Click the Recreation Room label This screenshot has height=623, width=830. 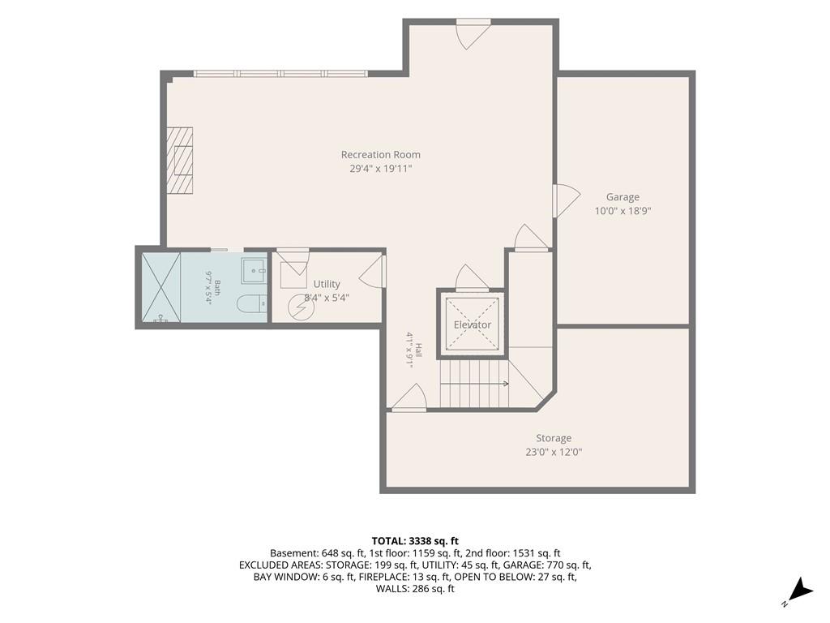[x=381, y=155]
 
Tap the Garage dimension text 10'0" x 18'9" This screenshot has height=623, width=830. [x=622, y=211]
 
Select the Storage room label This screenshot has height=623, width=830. [x=554, y=438]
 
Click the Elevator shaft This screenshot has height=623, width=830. [x=473, y=324]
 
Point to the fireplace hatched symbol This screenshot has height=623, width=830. [x=180, y=161]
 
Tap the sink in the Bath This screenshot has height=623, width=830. [x=255, y=270]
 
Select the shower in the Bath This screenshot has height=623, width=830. [x=161, y=287]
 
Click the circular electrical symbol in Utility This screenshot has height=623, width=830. [x=298, y=307]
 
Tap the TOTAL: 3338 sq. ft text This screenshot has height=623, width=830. [x=415, y=541]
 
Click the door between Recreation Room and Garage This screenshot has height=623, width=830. [x=566, y=201]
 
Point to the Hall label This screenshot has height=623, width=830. [x=419, y=350]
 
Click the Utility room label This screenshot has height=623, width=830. [x=327, y=284]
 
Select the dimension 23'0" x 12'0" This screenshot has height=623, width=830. [x=554, y=453]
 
